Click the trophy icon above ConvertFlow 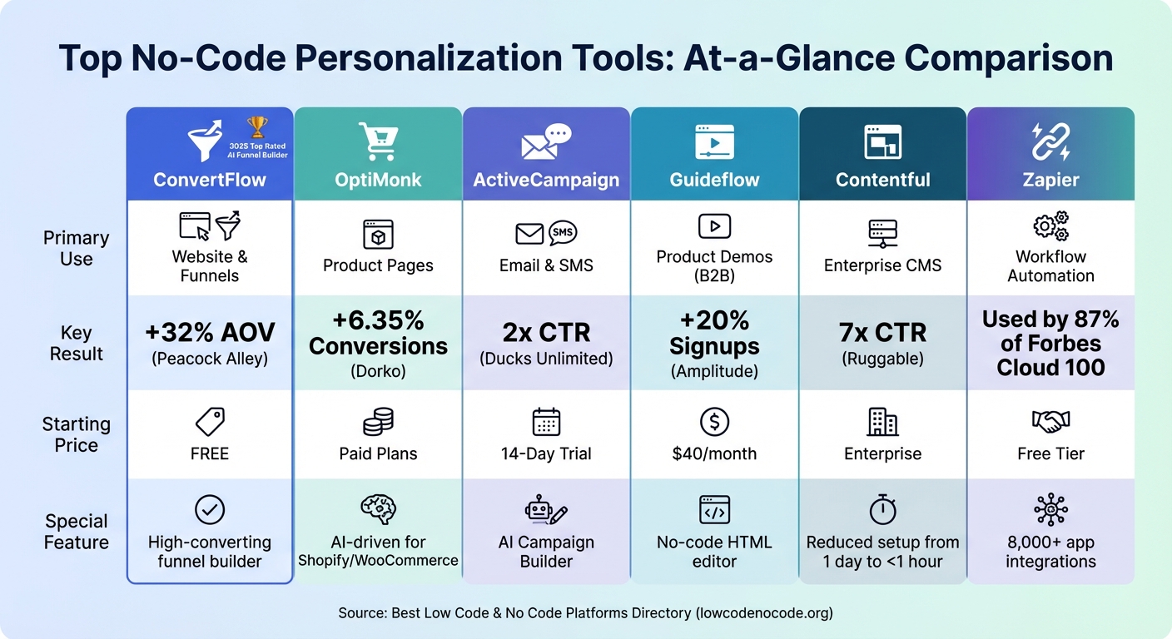click(258, 127)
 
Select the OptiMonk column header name click(378, 180)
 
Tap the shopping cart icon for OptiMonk click(378, 141)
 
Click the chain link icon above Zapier click(1050, 141)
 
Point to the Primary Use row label click(76, 248)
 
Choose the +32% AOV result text click(210, 333)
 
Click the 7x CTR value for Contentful click(882, 333)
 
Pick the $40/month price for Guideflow click(714, 453)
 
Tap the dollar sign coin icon click(714, 423)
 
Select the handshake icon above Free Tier click(1050, 422)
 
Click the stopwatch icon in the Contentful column click(882, 509)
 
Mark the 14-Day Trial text click(546, 453)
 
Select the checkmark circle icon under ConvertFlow click(210, 509)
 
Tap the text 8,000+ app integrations click(1050, 552)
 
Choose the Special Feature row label click(76, 532)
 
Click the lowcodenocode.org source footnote click(585, 613)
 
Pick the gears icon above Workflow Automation click(1050, 226)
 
